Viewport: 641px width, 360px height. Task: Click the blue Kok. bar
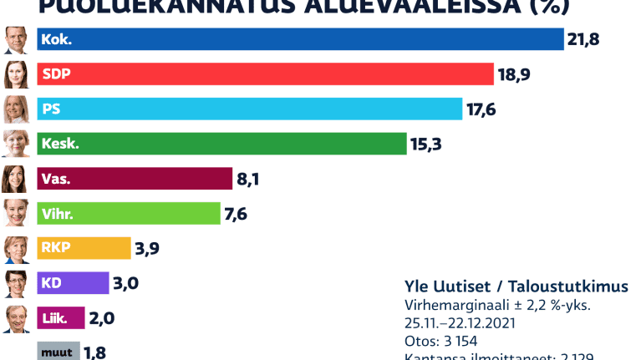(x=301, y=39)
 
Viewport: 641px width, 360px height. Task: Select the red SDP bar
(x=266, y=74)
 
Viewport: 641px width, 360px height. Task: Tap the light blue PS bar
(x=250, y=109)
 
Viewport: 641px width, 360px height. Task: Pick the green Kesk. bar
(x=221, y=144)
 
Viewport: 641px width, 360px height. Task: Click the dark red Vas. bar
(x=135, y=179)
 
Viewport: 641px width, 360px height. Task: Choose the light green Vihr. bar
(x=129, y=214)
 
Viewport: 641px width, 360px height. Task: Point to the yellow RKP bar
(x=84, y=248)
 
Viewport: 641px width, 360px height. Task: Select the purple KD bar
(x=74, y=283)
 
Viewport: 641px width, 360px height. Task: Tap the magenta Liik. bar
(x=61, y=318)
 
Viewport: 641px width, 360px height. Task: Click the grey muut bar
(x=59, y=352)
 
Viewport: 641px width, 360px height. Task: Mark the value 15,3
(x=425, y=145)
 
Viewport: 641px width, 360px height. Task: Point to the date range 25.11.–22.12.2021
(x=460, y=323)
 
